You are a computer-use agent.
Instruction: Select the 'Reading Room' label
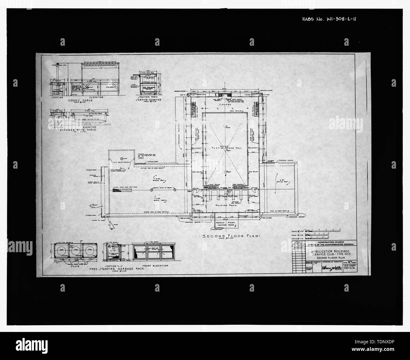point(226,205)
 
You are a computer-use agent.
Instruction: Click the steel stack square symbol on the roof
point(140,156)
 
